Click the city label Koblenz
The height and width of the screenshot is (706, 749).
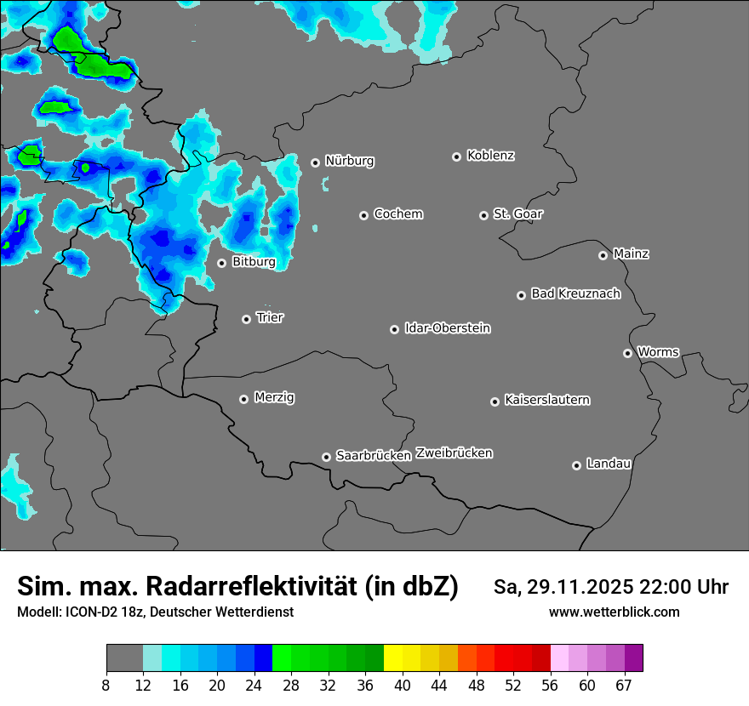[x=490, y=156]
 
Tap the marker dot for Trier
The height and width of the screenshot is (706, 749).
[x=247, y=319]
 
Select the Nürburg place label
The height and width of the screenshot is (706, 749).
[x=349, y=161]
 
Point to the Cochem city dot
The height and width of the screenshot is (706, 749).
[x=363, y=215]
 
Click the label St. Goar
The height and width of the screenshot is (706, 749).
[x=517, y=214]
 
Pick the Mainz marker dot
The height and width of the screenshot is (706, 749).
[x=603, y=255]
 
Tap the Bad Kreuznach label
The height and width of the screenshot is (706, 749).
[x=575, y=294]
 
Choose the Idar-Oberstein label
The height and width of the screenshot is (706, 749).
[x=447, y=328]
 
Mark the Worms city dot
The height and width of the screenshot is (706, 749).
[x=627, y=353]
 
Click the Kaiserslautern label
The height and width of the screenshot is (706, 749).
[x=546, y=400]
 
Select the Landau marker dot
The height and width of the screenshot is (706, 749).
[x=576, y=465]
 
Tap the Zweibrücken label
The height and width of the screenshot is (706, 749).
[x=454, y=453]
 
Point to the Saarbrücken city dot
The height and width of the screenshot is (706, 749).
[x=326, y=457]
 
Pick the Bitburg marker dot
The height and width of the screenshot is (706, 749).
[x=221, y=263]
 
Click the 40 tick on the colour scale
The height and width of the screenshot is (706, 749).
[x=403, y=685]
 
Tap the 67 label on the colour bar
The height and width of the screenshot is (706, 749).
[x=624, y=685]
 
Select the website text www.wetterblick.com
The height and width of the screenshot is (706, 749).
[x=614, y=612]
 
